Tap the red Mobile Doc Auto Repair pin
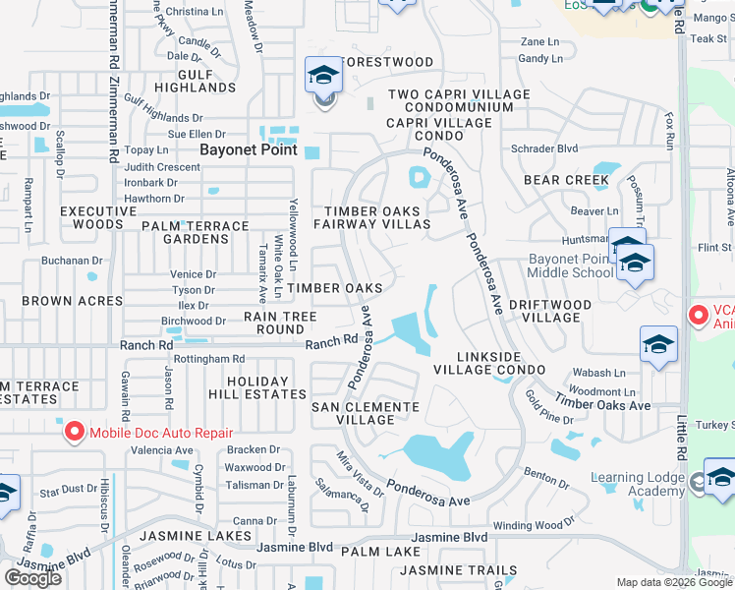point(74,432)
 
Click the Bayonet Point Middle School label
point(571,265)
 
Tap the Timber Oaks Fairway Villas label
point(372,217)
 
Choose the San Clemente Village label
point(366,413)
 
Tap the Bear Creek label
point(566,180)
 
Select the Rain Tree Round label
point(280,324)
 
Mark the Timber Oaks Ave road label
point(602,401)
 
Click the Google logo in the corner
point(32,577)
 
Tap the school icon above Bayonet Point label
point(322,76)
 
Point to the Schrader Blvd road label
point(544,148)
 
